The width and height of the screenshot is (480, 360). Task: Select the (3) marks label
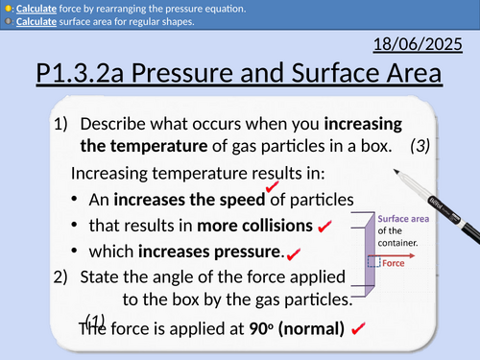(x=419, y=147)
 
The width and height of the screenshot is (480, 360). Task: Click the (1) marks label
(x=95, y=320)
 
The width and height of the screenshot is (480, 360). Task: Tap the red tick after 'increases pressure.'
(x=294, y=253)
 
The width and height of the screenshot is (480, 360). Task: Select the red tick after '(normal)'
(x=357, y=329)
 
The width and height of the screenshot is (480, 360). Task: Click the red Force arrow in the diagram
(x=380, y=259)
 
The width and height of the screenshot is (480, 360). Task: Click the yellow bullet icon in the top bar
(x=8, y=9)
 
